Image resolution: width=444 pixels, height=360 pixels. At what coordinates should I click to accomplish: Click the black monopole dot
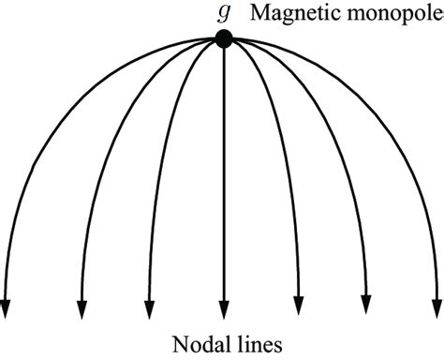click(x=223, y=38)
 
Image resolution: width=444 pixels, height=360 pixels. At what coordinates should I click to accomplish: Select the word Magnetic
click(x=286, y=15)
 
